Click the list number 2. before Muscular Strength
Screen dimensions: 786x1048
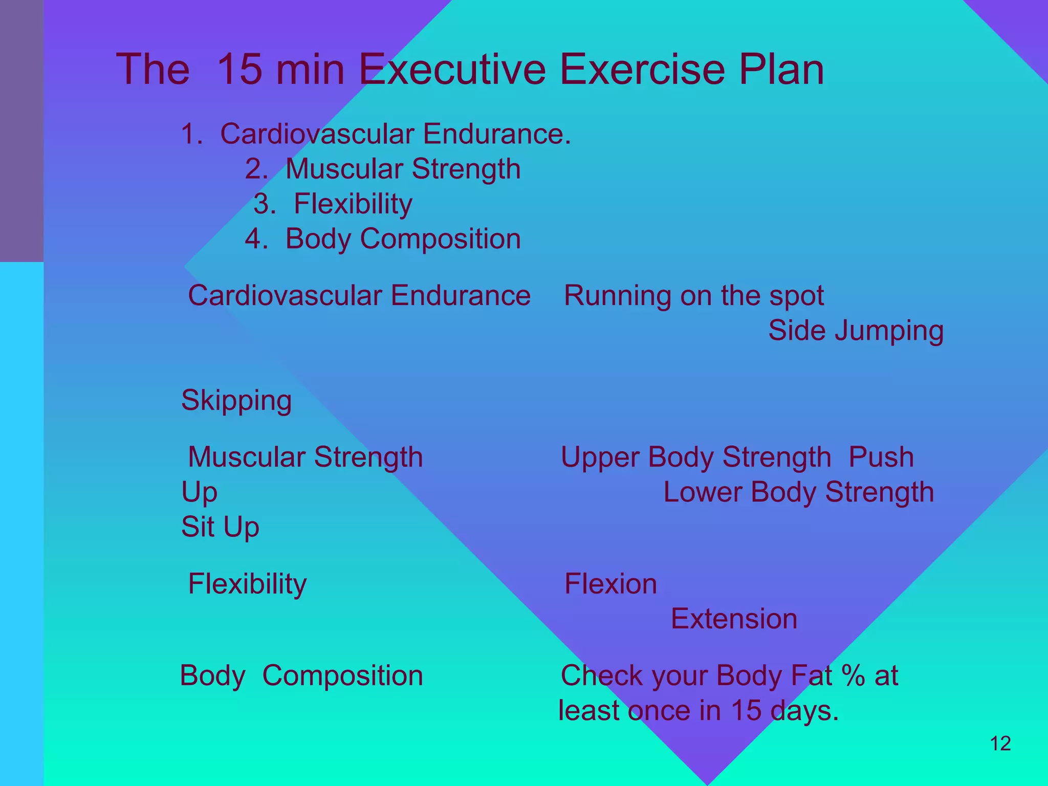click(x=256, y=169)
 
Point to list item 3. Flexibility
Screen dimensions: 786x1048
click(x=333, y=204)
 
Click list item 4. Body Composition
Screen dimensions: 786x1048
click(x=383, y=238)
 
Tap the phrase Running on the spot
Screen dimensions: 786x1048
click(x=693, y=296)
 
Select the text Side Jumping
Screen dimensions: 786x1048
click(x=856, y=331)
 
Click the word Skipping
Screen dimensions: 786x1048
click(x=236, y=400)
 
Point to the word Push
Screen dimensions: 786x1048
click(x=881, y=457)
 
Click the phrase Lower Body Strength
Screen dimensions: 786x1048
click(x=798, y=492)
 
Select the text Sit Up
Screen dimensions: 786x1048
click(x=220, y=527)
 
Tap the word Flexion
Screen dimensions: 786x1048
click(x=610, y=584)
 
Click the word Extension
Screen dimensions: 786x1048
click(x=734, y=619)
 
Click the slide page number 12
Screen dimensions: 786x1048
click(x=1000, y=744)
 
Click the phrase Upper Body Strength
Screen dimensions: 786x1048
click(x=696, y=457)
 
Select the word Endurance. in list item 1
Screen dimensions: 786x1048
click(x=496, y=134)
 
